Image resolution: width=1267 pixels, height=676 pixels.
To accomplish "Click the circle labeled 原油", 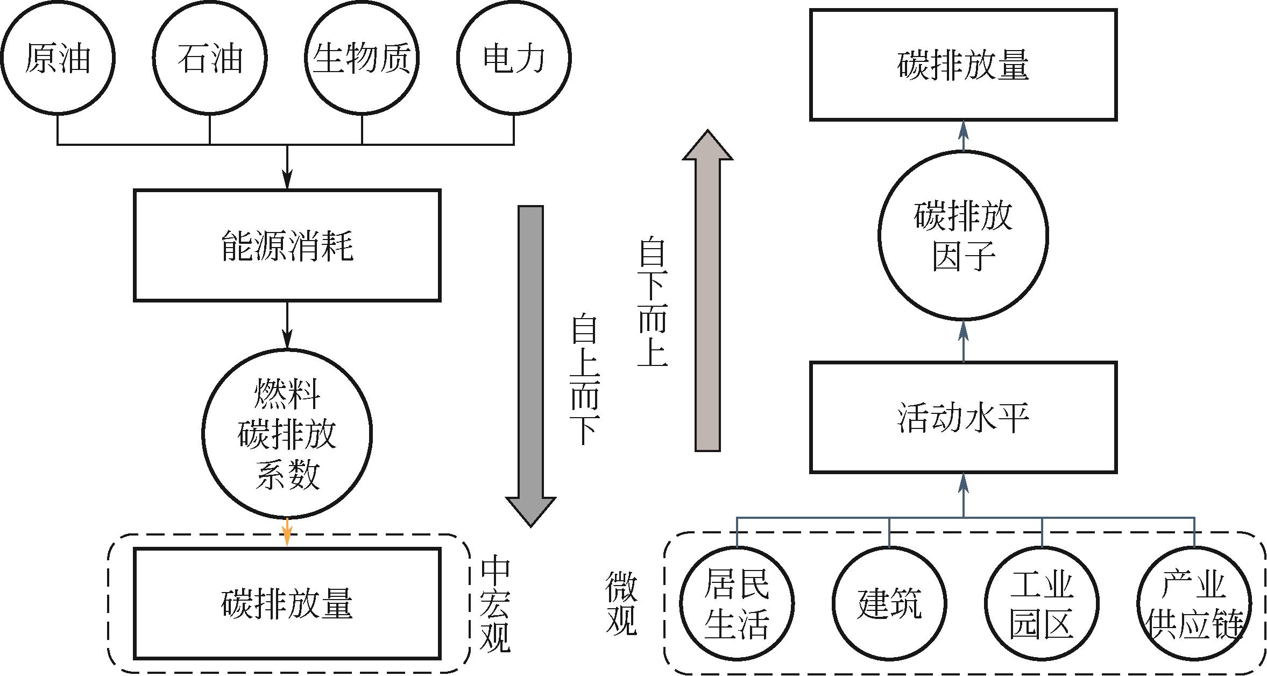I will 58,58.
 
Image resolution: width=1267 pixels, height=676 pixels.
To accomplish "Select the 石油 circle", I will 210,58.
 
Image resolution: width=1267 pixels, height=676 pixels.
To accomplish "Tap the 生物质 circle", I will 362,58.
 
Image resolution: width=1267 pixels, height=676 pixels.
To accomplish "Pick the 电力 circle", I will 514,58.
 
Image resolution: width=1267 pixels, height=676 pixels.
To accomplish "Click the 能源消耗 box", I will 287,245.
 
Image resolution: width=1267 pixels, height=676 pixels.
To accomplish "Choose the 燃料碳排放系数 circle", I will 287,434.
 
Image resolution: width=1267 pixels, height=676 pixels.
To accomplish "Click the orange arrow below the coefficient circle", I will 287,532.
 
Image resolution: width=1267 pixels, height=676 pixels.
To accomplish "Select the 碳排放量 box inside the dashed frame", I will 287,604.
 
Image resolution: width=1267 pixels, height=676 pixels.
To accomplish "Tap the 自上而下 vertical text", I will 585,380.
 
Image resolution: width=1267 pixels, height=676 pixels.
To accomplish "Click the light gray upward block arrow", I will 707,291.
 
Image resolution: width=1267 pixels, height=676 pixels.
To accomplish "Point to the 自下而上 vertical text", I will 652,301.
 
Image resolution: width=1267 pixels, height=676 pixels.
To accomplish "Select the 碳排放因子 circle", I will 963,235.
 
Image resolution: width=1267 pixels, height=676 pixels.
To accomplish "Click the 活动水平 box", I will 963,418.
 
